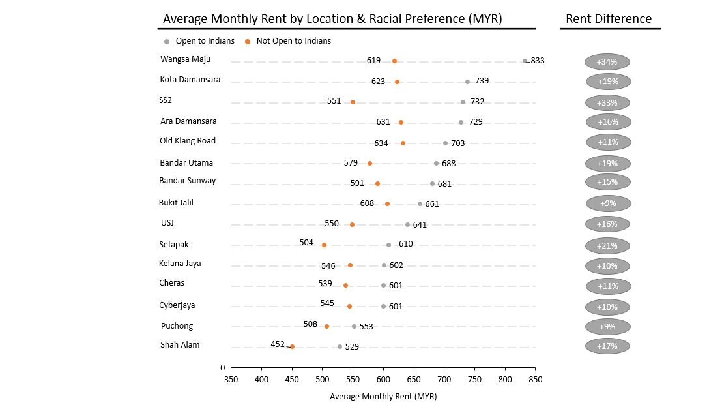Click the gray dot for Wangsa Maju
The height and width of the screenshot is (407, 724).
pos(525,61)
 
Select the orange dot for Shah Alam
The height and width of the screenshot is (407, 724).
pos(292,347)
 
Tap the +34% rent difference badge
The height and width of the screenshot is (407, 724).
pos(607,62)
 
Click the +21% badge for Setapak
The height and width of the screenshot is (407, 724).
pos(607,246)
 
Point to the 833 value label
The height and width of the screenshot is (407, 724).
pos(538,61)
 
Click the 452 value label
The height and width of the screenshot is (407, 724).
pos(278,344)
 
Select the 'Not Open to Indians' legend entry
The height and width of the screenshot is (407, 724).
pos(293,41)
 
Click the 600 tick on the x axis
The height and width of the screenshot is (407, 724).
pos(383,379)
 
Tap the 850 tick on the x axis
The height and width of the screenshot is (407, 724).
pos(535,379)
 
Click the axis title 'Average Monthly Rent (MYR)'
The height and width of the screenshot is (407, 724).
pos(383,396)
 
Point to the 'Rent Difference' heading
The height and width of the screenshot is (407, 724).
pos(609,18)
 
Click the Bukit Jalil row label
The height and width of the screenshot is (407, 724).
pos(176,203)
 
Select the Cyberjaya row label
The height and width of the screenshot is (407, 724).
pos(177,305)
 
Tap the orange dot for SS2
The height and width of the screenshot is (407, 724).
pos(353,102)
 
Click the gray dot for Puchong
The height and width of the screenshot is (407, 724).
pos(354,326)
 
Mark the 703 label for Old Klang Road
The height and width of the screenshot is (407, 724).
pos(458,143)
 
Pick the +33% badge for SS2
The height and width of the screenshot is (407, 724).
pos(607,102)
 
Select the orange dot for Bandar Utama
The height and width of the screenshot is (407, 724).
pos(369,164)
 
